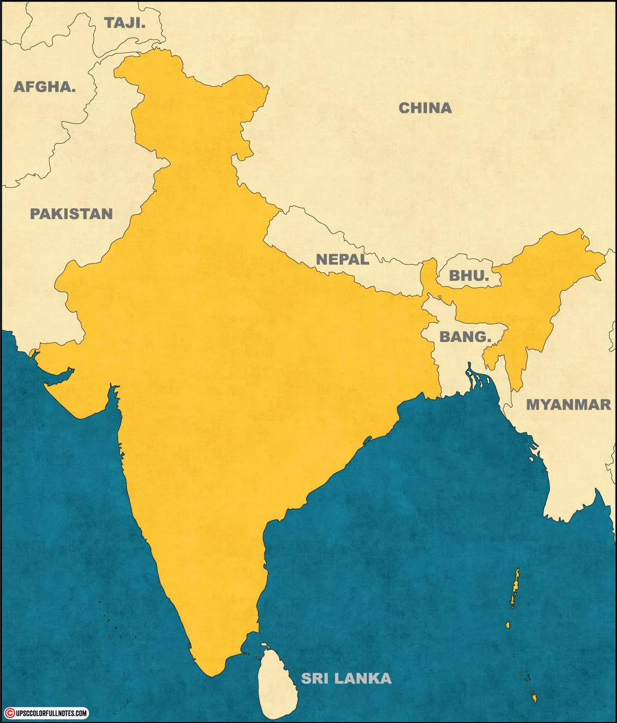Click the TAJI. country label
125,22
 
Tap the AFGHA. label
45,87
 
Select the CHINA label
425,108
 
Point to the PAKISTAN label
72,213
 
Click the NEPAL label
342,259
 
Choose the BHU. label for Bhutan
468,275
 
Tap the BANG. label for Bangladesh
465,337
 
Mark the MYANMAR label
568,404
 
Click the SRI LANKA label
347,678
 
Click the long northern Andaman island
515,587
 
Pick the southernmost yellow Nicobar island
534,698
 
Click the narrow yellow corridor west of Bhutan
428,276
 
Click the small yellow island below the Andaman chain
507,625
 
